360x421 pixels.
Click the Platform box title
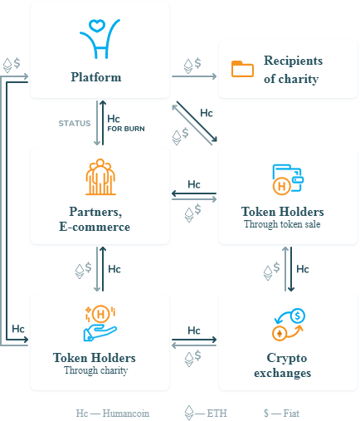pos(96,77)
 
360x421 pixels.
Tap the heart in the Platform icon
pos(96,26)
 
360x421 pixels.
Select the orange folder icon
pos(242,69)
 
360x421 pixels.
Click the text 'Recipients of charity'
pos(293,70)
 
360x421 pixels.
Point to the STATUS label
pos(75,123)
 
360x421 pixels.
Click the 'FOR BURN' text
pos(126,129)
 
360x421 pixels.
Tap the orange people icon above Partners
pos(100,177)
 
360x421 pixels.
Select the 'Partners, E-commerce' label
pos(95,219)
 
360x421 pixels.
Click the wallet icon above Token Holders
pos(288,179)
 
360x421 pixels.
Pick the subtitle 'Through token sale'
pos(282,224)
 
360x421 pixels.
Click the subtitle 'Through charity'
pos(96,370)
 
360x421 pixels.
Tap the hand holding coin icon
pos(100,323)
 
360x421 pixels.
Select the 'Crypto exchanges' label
pos(282,365)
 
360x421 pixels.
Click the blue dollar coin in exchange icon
pos(298,316)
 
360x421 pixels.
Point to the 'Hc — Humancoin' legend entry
pos(113,414)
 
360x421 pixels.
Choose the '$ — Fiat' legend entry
pos(281,414)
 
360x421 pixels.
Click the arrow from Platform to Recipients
pos(194,76)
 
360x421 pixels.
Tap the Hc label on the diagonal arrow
pos(207,113)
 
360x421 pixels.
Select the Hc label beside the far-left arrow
pos(18,329)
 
